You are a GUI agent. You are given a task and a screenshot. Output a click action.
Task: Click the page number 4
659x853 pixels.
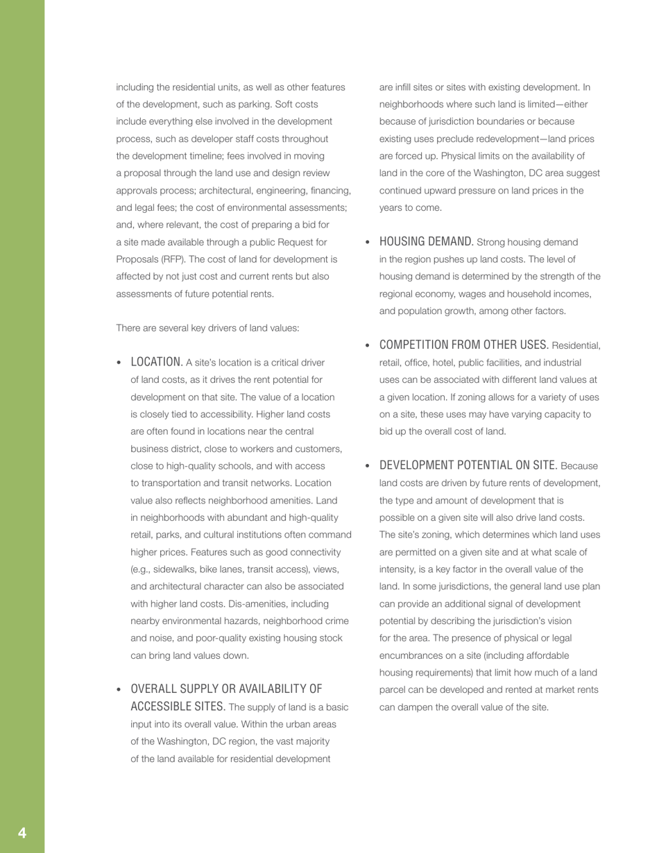coord(22,833)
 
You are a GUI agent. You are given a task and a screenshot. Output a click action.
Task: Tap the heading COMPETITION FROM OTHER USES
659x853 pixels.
coord(463,345)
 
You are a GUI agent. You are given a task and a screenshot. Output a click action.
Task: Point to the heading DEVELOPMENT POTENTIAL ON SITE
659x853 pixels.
coord(468,465)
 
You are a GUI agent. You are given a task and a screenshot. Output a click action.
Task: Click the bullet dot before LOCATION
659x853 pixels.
coord(119,363)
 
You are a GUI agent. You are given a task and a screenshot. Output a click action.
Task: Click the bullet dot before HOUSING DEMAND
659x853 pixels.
coord(368,242)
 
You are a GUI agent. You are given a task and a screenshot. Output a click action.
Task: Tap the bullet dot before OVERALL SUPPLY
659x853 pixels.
coord(119,689)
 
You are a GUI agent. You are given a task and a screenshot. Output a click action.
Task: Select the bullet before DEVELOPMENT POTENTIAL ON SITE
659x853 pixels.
coord(368,466)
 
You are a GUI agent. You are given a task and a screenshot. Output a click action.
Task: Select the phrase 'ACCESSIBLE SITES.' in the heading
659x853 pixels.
coord(178,706)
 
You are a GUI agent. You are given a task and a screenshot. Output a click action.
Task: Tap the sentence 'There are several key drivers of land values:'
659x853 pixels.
coord(207,328)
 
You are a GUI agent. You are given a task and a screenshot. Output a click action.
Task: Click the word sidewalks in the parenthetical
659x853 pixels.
coord(175,569)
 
